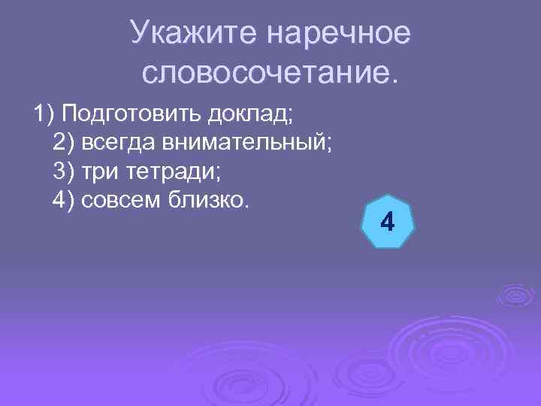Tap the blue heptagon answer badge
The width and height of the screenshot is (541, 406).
coord(388,223)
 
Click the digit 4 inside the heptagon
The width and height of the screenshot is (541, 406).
coord(388,223)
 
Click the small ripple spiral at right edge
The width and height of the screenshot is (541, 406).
coord(517,295)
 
